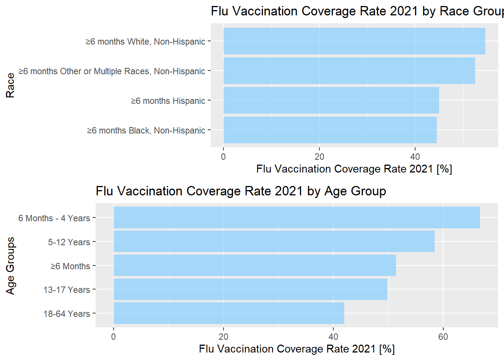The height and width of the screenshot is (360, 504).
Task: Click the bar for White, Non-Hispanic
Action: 354,41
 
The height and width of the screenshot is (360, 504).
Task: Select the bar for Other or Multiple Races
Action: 349,70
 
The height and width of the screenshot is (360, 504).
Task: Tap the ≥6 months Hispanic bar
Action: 331,100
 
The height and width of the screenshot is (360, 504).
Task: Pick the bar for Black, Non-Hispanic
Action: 330,130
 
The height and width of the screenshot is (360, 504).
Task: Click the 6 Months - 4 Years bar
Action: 296,217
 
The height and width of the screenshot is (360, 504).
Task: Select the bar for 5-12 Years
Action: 274,241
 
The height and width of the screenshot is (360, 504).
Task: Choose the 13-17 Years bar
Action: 250,289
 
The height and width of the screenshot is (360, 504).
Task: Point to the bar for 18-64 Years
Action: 228,313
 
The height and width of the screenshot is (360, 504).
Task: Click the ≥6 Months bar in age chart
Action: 254,265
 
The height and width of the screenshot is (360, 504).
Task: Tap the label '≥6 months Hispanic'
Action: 168,101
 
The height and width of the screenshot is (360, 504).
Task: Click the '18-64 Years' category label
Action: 67,314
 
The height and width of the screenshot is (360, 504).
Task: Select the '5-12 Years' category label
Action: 69,242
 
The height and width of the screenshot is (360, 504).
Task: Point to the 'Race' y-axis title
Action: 10,85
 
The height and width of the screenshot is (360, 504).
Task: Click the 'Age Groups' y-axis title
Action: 10,265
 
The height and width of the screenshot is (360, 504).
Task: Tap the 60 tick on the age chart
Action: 443,337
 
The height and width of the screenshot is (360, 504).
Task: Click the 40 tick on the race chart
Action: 415,157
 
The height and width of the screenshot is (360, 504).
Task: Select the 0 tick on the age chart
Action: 114,337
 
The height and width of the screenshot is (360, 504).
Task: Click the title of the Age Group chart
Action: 241,191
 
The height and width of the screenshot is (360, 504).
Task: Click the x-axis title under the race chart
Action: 354,169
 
